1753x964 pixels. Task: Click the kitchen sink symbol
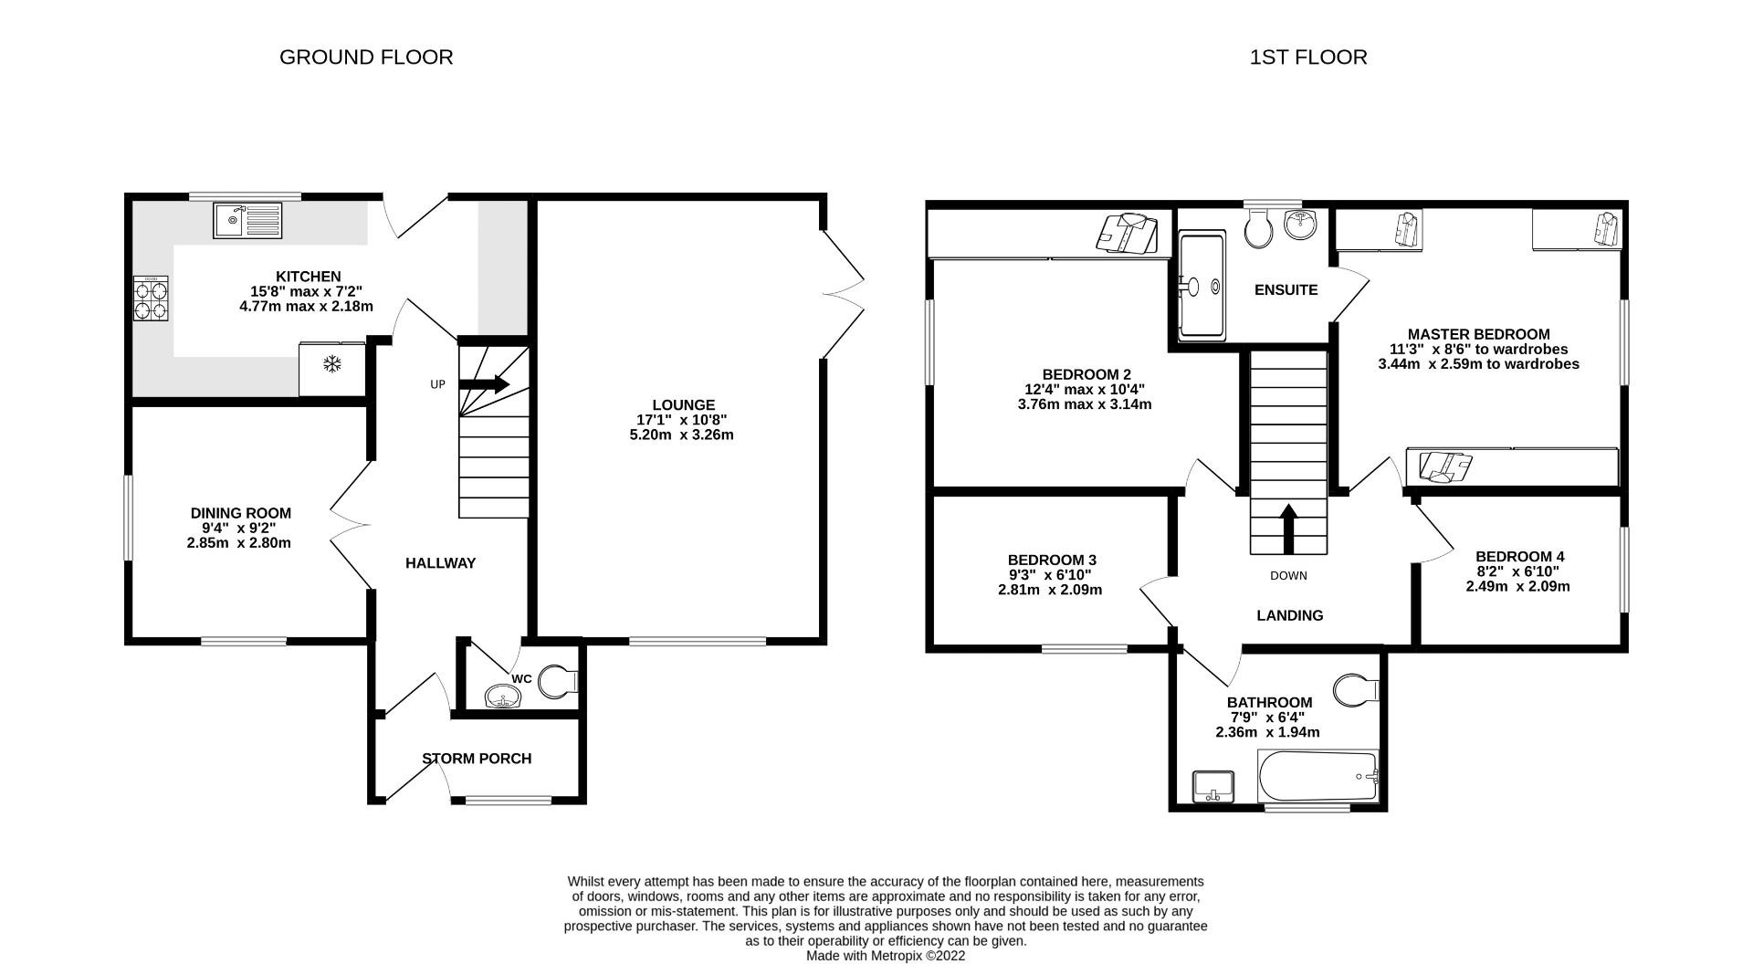pyautogui.click(x=247, y=220)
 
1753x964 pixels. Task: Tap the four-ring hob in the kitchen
pyautogui.click(x=152, y=299)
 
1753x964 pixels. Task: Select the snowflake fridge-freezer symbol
pyautogui.click(x=332, y=365)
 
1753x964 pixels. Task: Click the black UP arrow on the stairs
pyautogui.click(x=484, y=384)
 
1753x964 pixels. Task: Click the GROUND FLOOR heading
pyautogui.click(x=365, y=58)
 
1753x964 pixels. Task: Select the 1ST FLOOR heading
pyautogui.click(x=1307, y=58)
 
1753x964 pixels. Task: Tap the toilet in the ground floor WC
pyautogui.click(x=557, y=681)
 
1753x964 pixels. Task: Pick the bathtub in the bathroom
pyautogui.click(x=1317, y=776)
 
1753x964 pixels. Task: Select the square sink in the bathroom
pyautogui.click(x=1212, y=786)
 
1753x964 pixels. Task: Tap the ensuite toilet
pyautogui.click(x=1260, y=228)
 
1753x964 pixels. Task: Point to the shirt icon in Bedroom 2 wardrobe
pyautogui.click(x=1128, y=233)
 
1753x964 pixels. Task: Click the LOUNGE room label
pyautogui.click(x=683, y=405)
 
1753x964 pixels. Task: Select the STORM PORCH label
pyautogui.click(x=476, y=759)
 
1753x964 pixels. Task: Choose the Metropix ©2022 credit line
pyautogui.click(x=885, y=956)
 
